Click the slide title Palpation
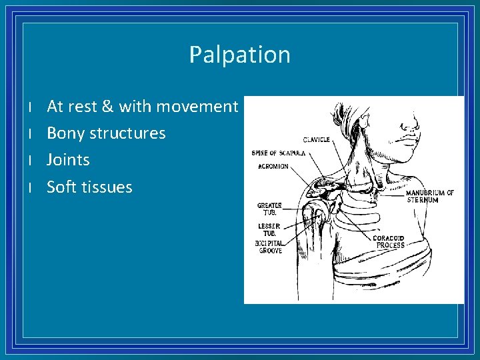(240, 55)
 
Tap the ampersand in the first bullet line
(109, 107)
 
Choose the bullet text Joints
(68, 160)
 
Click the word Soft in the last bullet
(61, 187)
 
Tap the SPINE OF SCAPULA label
(278, 153)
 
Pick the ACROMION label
(273, 166)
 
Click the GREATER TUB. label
(269, 209)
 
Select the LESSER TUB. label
(269, 229)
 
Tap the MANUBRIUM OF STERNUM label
(430, 196)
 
